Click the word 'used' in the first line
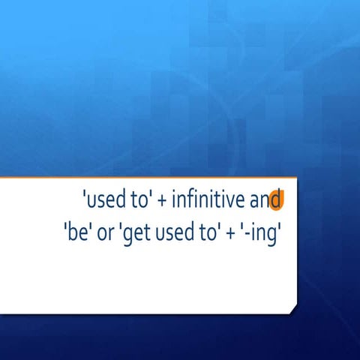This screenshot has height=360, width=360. pyautogui.click(x=103, y=201)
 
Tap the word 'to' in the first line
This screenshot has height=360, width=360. pyautogui.click(x=138, y=201)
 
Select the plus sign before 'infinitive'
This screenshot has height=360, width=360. pyautogui.click(x=162, y=202)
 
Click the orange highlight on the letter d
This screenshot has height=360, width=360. pyautogui.click(x=276, y=201)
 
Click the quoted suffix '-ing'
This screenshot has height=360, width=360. pyautogui.click(x=259, y=231)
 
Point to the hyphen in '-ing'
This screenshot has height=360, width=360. pyautogui.click(x=243, y=232)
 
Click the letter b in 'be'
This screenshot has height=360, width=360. pyautogui.click(x=70, y=230)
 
